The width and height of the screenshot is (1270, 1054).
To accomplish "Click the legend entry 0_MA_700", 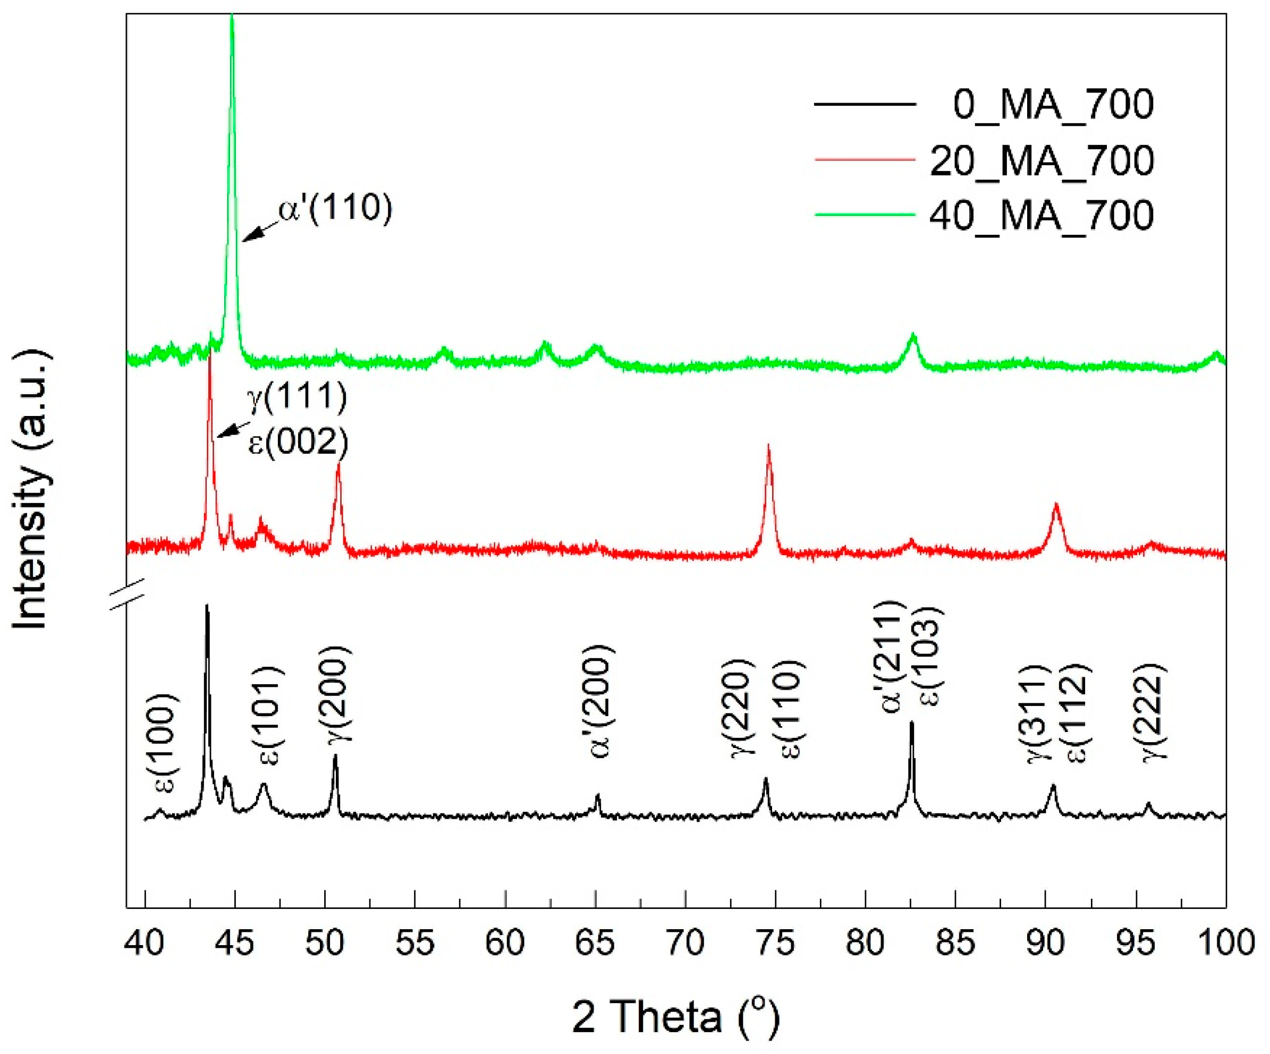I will pyautogui.click(x=1052, y=105).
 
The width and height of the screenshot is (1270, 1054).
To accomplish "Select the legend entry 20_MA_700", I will pyautogui.click(x=1042, y=160).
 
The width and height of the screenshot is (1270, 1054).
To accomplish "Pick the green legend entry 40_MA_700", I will pyautogui.click(x=1042, y=215).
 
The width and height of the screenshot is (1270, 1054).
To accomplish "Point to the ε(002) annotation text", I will pyautogui.click(x=299, y=443).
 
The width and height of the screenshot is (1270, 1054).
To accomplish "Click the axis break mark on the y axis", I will pyautogui.click(x=127, y=594).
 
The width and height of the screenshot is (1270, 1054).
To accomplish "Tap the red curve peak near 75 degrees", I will pyautogui.click(x=769, y=446).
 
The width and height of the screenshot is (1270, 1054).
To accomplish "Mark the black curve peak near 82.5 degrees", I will pyautogui.click(x=911, y=722).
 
